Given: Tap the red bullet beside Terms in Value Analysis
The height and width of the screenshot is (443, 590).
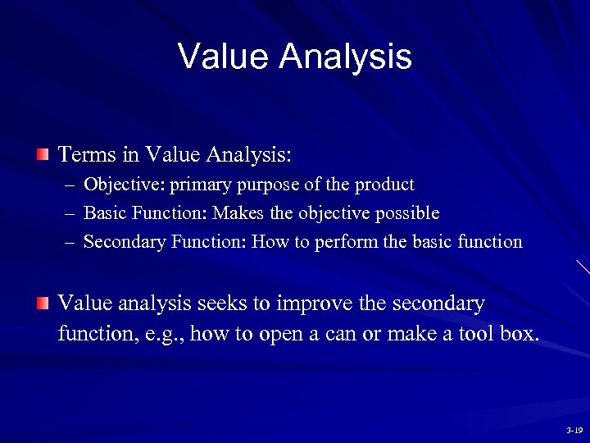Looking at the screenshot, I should [x=43, y=154].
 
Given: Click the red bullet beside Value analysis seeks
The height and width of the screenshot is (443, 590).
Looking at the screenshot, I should [x=43, y=304].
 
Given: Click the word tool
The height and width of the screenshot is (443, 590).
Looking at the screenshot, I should [x=475, y=334].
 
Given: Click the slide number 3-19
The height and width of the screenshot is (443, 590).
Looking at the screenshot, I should [x=574, y=430].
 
